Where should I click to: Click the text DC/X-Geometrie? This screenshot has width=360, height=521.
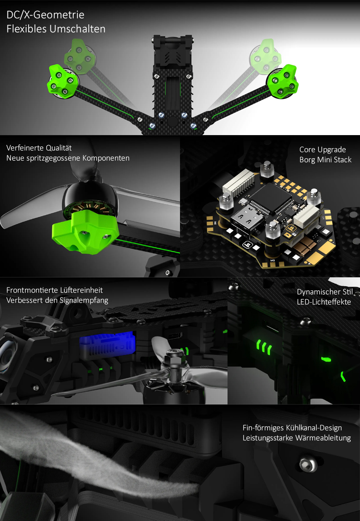click(45, 15)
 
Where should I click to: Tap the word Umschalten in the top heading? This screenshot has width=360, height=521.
click(77, 29)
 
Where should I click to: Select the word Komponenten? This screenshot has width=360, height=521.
click(106, 158)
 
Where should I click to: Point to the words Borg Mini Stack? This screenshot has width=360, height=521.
click(326, 160)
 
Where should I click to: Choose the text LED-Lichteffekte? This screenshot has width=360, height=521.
click(324, 302)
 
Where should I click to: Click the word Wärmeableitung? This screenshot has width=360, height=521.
click(323, 438)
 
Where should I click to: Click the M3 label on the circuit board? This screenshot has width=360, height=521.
click(273, 260)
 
